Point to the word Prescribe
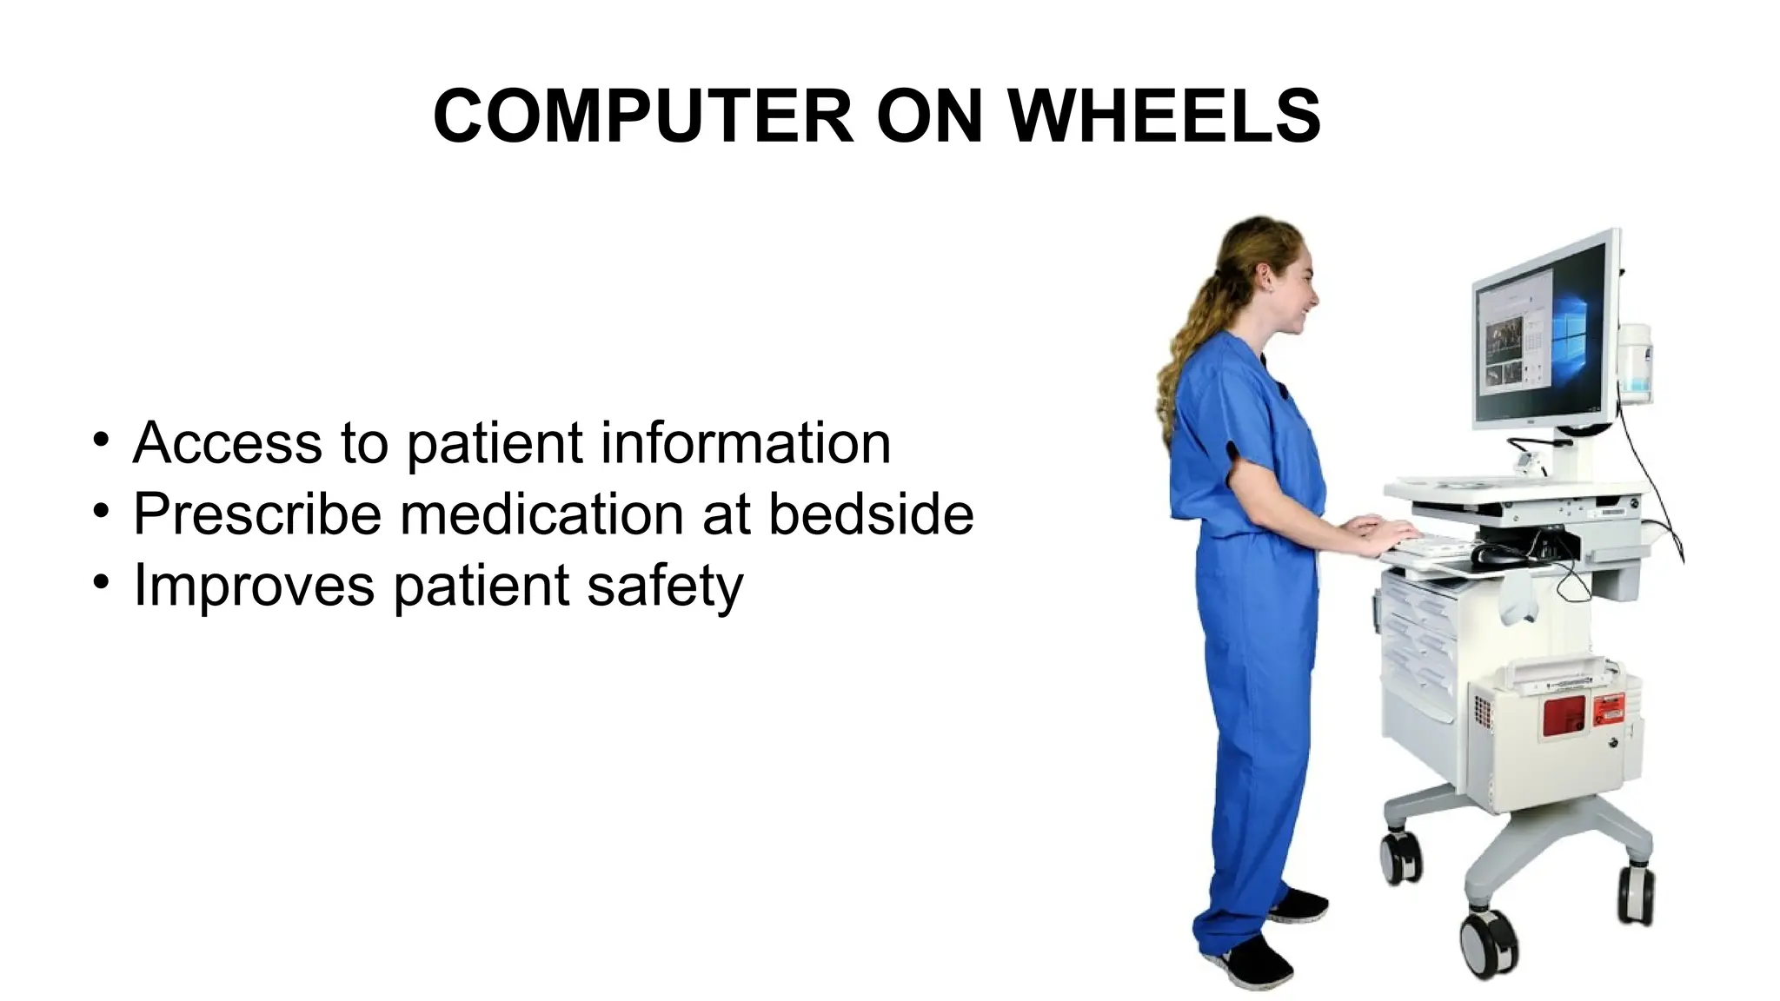tap(257, 514)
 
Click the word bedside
tap(871, 514)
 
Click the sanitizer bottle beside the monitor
tap(1634, 363)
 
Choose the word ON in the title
tap(929, 116)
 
